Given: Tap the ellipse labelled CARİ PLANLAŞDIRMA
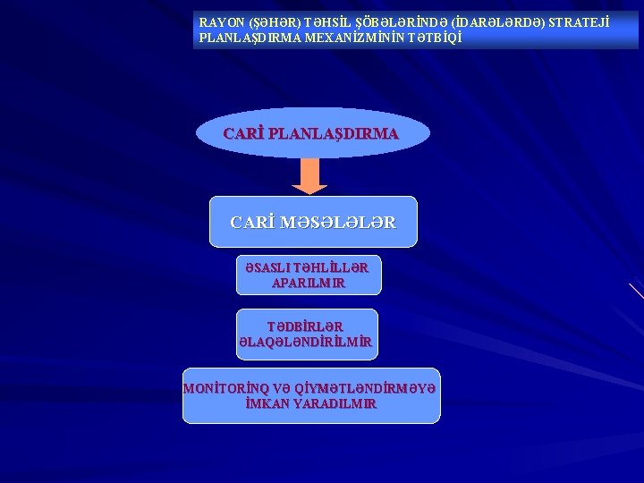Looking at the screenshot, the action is tap(312, 133).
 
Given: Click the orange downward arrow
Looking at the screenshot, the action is tap(309, 176).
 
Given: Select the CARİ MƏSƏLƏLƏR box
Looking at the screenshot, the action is tap(313, 222).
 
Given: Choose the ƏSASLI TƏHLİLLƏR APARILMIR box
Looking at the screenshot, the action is tap(309, 275).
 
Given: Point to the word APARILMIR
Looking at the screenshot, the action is tap(309, 283).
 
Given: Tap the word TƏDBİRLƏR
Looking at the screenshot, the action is tap(305, 326).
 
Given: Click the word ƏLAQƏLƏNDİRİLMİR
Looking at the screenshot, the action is tap(305, 342).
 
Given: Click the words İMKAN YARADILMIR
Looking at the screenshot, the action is tap(310, 403).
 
